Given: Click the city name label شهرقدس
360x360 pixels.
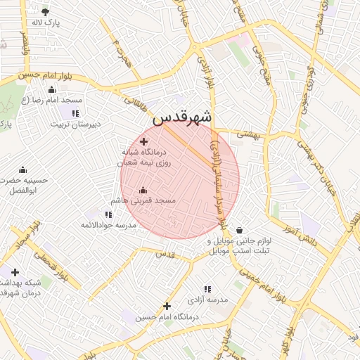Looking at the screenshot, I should coord(182,118).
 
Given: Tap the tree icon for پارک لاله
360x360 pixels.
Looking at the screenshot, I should coord(46,12).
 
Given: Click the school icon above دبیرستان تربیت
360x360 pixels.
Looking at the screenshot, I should coord(75,112).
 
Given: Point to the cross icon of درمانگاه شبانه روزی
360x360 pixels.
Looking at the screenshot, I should coord(144,141).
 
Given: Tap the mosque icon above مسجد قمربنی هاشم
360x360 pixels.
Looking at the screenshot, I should coord(143,190).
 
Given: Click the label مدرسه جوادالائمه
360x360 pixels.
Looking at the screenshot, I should coord(107,224).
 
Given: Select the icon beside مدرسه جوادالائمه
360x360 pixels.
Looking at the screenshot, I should coord(108,214).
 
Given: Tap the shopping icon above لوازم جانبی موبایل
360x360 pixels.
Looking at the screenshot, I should coord(240,230).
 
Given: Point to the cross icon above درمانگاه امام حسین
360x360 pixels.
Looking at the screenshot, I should coord(167,306).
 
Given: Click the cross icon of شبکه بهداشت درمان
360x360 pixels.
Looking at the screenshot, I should coord(14,272).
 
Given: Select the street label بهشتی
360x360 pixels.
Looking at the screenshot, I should coord(247,133).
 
